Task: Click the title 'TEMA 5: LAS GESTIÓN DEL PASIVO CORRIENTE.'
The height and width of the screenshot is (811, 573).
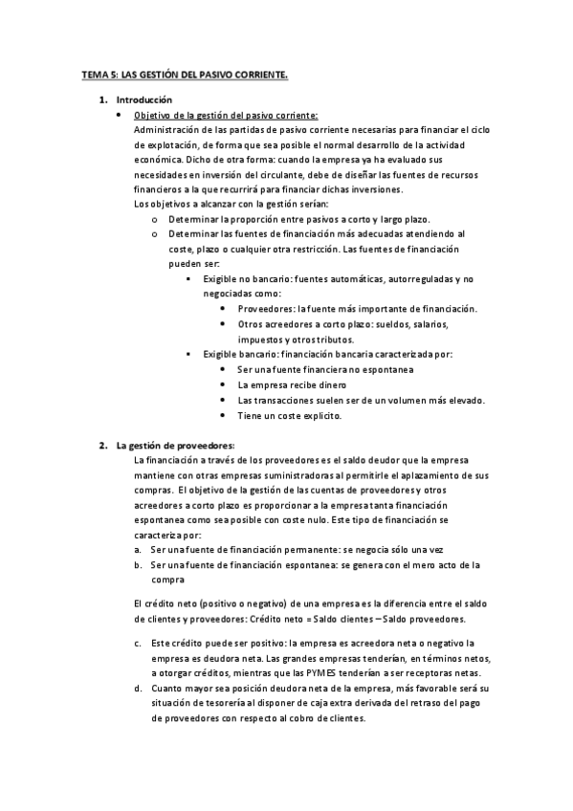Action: pos(183,73)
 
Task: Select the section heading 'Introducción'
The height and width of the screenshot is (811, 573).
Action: pos(143,99)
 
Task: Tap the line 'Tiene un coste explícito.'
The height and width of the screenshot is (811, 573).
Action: pos(289,416)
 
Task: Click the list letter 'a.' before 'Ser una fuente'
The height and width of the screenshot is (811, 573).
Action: pos(139,549)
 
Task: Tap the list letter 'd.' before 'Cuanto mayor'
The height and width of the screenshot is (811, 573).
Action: pos(139,689)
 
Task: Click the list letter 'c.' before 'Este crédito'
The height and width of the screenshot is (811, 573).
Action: pos(139,643)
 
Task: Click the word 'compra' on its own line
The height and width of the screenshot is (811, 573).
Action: pos(167,580)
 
